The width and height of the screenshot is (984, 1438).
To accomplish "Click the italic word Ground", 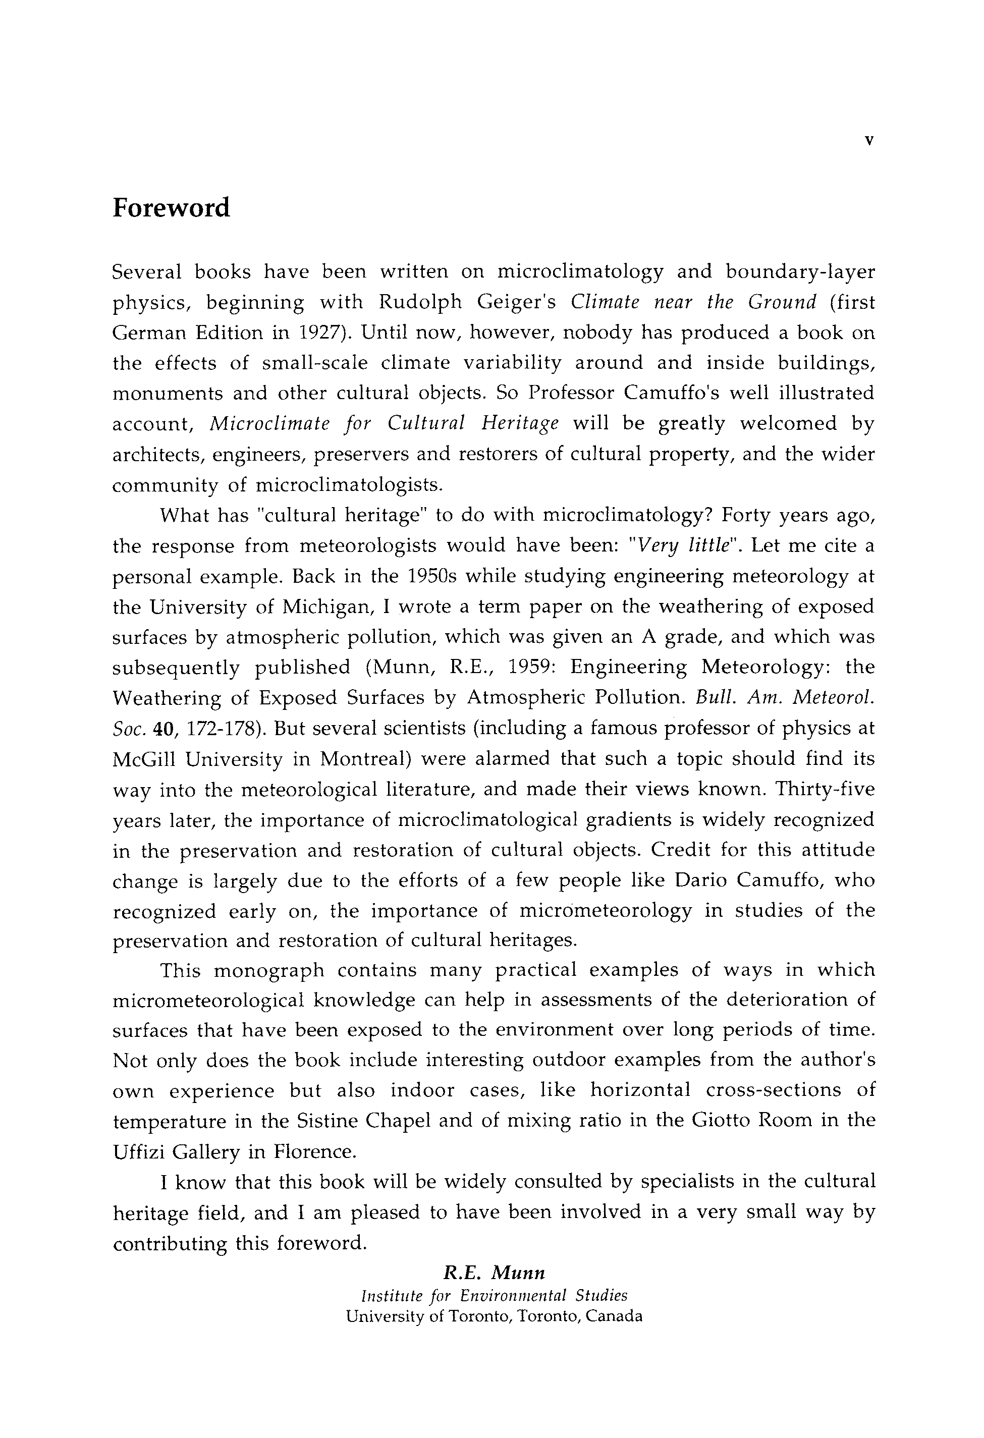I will [782, 303].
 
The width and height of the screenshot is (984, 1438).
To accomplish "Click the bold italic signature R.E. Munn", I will [494, 1273].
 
